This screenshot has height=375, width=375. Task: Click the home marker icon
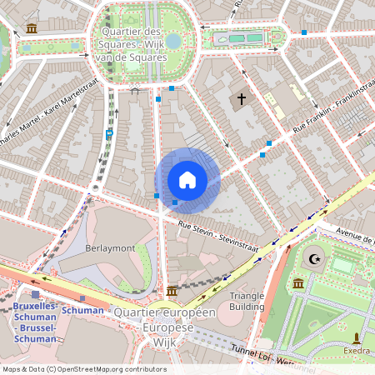point(187,180)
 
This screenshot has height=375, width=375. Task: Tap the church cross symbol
point(242,99)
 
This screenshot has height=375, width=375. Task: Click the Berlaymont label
point(109,248)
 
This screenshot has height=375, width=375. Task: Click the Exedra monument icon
point(357,337)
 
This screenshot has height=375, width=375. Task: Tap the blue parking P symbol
point(109,133)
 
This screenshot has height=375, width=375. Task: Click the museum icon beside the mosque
point(298,285)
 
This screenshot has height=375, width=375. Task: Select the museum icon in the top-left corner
point(32,29)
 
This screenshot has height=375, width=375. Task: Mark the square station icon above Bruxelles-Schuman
point(35,294)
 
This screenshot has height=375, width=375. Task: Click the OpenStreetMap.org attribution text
point(117,368)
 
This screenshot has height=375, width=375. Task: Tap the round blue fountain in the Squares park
point(172,41)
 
